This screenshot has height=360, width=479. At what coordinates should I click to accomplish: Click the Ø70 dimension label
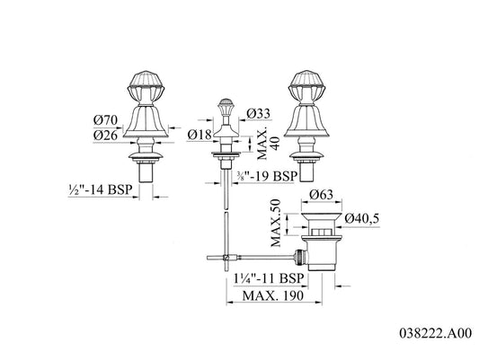tap(105, 120)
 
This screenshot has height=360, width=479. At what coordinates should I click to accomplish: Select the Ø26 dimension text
tap(105, 136)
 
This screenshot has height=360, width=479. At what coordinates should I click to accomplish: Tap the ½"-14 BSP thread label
tap(101, 189)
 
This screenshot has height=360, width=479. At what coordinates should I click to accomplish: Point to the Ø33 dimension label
tap(259, 114)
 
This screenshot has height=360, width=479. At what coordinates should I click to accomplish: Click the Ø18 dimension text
tap(200, 135)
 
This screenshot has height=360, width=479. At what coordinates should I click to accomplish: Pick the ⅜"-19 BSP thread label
tap(267, 176)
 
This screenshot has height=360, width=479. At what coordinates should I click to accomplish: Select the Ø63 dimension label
tap(321, 194)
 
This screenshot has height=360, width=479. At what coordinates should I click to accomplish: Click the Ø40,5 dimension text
tap(362, 218)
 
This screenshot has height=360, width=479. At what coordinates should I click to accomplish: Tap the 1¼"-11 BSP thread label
tap(269, 278)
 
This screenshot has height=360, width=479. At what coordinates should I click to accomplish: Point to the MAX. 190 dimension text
tap(273, 295)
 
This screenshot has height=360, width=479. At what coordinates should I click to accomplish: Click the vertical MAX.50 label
tap(276, 223)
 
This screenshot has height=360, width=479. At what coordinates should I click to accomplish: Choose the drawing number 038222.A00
tap(436, 333)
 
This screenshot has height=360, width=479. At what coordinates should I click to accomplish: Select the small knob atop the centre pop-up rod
tap(226, 105)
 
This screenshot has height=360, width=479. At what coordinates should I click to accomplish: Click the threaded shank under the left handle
tap(146, 172)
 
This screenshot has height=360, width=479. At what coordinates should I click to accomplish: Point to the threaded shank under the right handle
tap(306, 171)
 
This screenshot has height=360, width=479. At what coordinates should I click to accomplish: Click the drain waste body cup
tap(319, 253)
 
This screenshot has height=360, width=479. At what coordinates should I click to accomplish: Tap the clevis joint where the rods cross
tap(226, 258)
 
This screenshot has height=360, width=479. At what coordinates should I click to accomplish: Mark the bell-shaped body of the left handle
tap(146, 120)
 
